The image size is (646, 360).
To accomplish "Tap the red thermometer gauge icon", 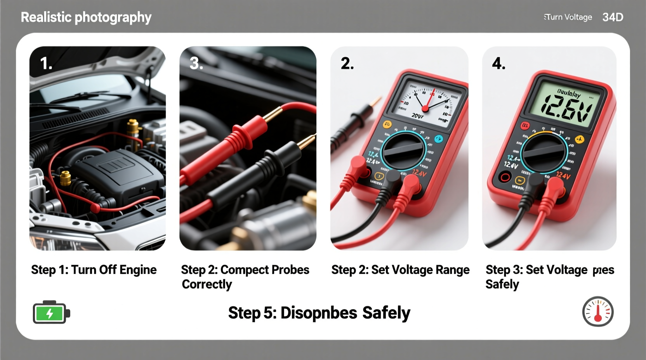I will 597,312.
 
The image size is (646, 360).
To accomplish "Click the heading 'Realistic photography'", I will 86,17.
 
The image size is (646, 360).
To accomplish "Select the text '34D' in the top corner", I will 613,17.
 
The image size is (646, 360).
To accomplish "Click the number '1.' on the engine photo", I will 46,63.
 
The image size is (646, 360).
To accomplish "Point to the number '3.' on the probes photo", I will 196,63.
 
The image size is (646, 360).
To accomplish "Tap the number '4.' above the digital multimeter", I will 498,63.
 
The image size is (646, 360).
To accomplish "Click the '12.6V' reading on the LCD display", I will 566,107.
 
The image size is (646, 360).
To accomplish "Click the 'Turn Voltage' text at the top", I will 568,17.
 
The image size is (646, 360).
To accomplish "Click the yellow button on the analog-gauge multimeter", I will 387,125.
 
